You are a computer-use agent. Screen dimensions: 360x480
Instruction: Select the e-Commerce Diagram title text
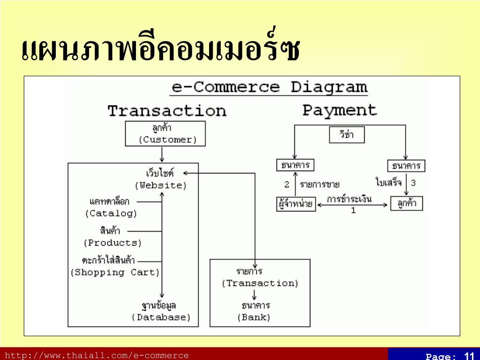pos(269,88)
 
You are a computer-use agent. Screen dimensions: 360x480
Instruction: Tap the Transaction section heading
pos(167,111)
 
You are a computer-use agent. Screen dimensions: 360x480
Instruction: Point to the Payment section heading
pos(339,110)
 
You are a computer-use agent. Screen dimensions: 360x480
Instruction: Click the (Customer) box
pos(165,134)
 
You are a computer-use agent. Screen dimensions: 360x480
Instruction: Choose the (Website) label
pos(161,185)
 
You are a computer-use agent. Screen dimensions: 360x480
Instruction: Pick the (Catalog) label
pos(111,214)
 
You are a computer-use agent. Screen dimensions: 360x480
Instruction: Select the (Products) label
pos(112,243)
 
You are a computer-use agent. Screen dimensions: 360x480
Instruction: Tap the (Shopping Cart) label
pos(115,272)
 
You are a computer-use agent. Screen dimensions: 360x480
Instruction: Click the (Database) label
pos(161,317)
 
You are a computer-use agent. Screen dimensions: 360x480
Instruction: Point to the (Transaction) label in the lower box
pos(260,283)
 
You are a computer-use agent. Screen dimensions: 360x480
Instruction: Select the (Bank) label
pos(254,317)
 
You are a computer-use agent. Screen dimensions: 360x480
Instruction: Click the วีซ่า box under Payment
pos(346,135)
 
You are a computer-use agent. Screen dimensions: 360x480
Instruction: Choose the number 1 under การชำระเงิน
pos(353,211)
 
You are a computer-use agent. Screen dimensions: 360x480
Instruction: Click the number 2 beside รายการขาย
pos(286,184)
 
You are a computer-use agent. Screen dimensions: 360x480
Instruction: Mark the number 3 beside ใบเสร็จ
pos(413,183)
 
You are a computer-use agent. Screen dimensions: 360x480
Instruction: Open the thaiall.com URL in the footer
pos(97,355)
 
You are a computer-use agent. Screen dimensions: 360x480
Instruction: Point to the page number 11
pos(469,356)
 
